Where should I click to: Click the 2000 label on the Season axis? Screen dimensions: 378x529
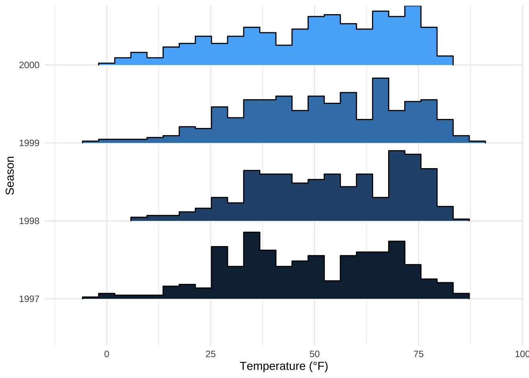pos(29,65)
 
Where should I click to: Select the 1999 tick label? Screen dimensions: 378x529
pos(29,143)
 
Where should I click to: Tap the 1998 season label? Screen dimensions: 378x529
pos(29,221)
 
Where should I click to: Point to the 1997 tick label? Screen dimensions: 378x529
pos(29,299)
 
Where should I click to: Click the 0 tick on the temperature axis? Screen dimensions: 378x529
pos(107,354)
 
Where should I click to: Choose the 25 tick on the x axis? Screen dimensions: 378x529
pos(211,354)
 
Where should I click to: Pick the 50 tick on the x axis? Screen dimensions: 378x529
pos(314,354)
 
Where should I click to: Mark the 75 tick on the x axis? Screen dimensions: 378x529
pos(418,354)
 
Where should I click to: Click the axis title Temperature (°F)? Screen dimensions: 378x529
pos(284,366)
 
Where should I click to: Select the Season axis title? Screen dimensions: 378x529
pos(10,175)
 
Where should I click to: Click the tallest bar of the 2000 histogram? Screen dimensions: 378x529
pos(413,35)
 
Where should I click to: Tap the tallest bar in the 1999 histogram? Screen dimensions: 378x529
pos(381,110)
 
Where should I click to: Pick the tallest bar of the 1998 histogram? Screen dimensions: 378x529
pos(397,185)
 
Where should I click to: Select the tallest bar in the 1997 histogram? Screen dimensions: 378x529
pos(252,265)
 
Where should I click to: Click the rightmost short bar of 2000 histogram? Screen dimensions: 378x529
pos(445,61)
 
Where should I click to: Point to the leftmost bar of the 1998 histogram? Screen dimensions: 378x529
pos(139,219)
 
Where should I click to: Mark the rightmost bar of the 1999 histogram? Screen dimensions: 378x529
pos(477,142)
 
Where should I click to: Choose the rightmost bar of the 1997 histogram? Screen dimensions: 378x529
pos(461,296)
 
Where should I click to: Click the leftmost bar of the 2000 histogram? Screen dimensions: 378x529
pos(107,64)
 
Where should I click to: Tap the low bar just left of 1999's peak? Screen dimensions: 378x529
pos(364,131)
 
